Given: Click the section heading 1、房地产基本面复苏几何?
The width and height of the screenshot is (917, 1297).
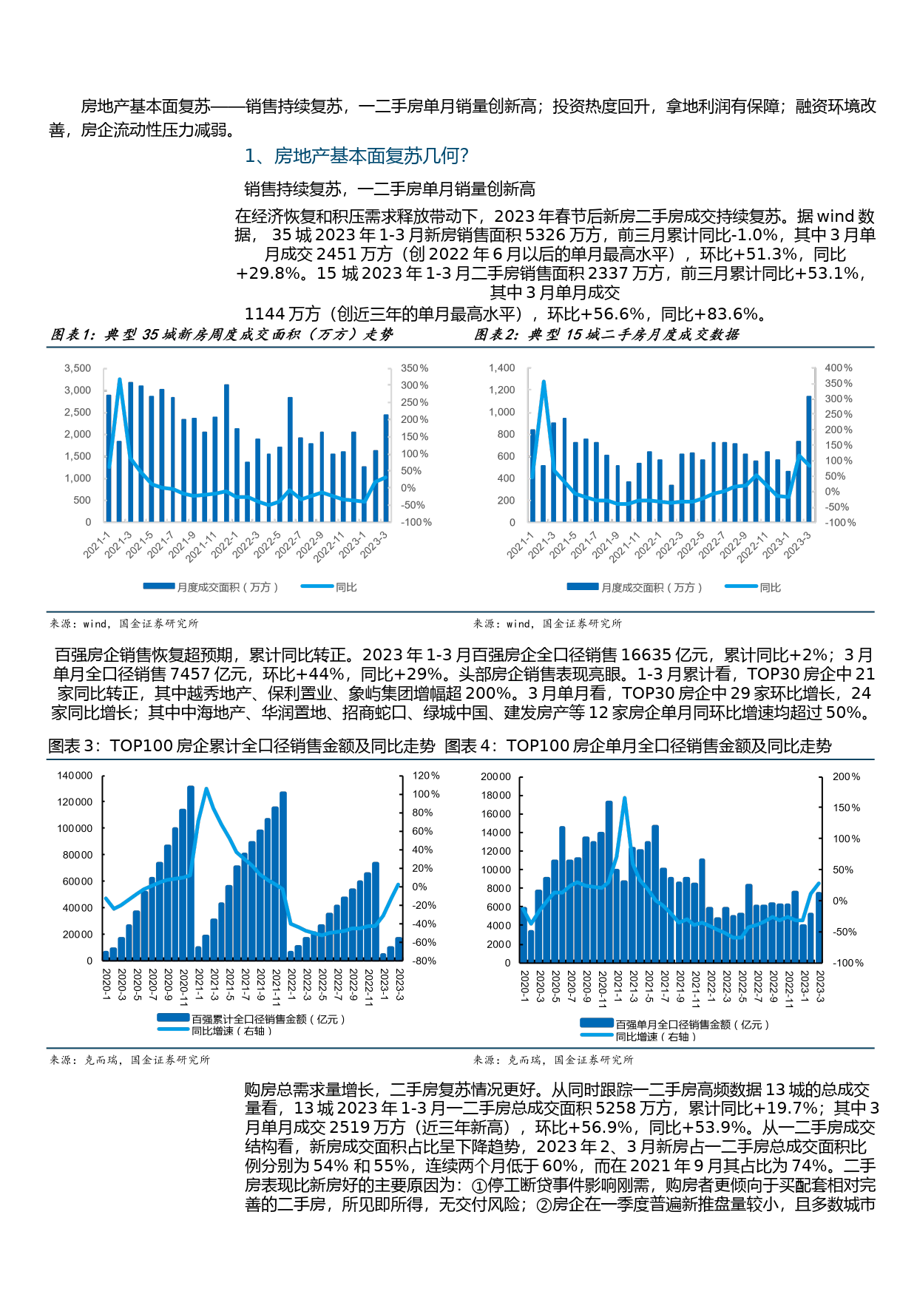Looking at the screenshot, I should (356, 156).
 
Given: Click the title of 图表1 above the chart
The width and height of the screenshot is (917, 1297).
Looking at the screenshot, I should (222, 334).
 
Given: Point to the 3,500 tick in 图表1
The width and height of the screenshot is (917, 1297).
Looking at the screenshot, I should (78, 368).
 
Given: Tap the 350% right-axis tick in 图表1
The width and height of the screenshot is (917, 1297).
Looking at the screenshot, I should (414, 368).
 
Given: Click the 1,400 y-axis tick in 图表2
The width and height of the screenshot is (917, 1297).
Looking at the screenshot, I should (501, 368).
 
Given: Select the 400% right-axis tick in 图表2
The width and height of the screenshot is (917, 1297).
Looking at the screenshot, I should (839, 368).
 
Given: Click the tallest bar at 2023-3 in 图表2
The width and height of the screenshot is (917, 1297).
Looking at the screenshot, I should (809, 458).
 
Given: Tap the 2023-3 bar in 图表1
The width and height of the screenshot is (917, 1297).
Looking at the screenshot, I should (386, 467).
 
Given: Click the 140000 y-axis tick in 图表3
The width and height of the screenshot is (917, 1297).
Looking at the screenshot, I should (75, 775).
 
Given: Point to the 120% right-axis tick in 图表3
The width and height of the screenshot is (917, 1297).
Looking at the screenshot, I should (426, 775).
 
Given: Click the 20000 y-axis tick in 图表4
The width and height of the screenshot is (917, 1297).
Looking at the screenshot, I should (495, 776).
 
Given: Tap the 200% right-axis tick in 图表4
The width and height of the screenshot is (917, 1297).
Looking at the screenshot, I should (846, 776).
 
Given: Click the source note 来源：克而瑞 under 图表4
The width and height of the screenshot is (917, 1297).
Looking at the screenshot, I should (553, 1060).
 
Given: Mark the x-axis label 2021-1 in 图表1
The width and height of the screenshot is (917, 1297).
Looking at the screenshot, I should (97, 544).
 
